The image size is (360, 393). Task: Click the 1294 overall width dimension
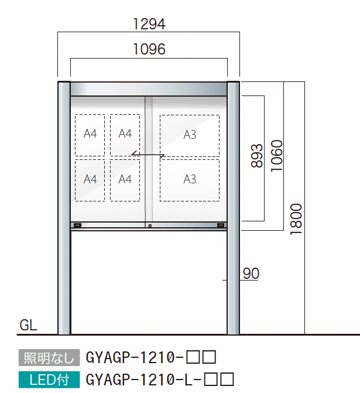(x=149, y=24)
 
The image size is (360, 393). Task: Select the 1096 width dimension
(x=149, y=50)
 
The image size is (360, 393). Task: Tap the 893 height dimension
(x=256, y=156)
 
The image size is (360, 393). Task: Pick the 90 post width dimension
(x=251, y=274)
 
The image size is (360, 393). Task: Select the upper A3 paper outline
(x=190, y=135)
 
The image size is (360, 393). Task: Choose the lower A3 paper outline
(x=190, y=179)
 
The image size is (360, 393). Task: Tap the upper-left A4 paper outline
(x=90, y=135)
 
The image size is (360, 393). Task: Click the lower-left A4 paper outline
(x=90, y=179)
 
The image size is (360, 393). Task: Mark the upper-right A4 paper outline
(x=125, y=135)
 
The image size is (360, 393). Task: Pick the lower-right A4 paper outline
(x=125, y=179)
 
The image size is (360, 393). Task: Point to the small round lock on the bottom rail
(x=150, y=226)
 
